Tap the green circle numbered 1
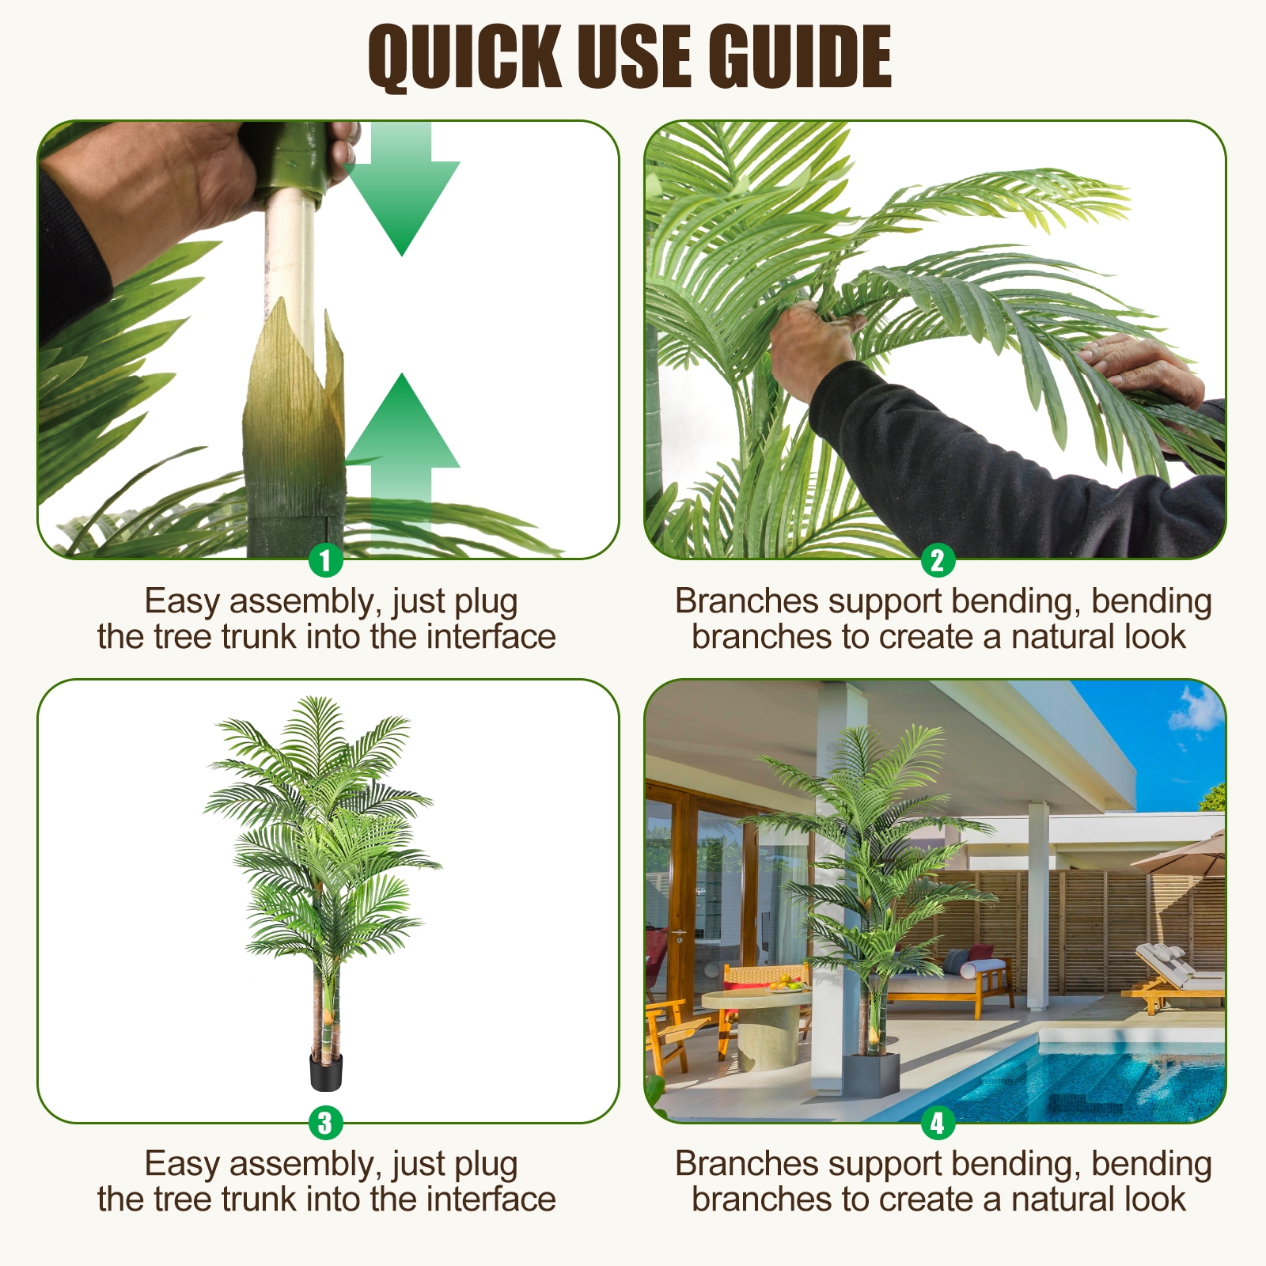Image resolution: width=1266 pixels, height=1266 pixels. pos(325,560)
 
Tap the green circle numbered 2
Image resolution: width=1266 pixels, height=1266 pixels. pos(938,560)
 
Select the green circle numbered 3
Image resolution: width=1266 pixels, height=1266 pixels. pos(325,1122)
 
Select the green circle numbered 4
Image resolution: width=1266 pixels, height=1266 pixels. pos(938,1122)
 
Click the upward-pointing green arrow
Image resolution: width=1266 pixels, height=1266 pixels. pos(402,443)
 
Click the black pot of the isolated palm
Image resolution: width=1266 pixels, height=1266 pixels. pos(326,1071)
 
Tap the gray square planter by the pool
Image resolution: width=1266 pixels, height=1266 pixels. pos(870,1073)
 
